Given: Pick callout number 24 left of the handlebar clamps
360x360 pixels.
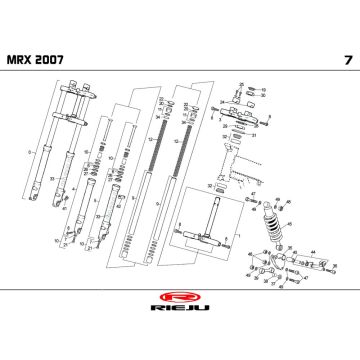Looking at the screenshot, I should (x=222, y=100).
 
